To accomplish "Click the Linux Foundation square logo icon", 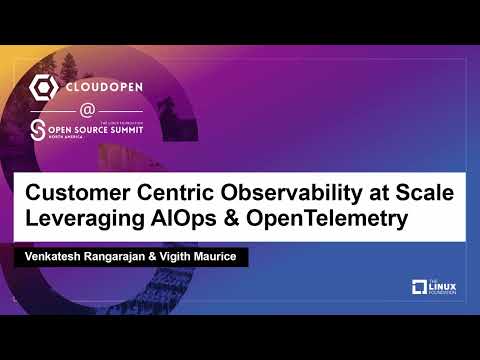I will [x=420, y=289].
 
